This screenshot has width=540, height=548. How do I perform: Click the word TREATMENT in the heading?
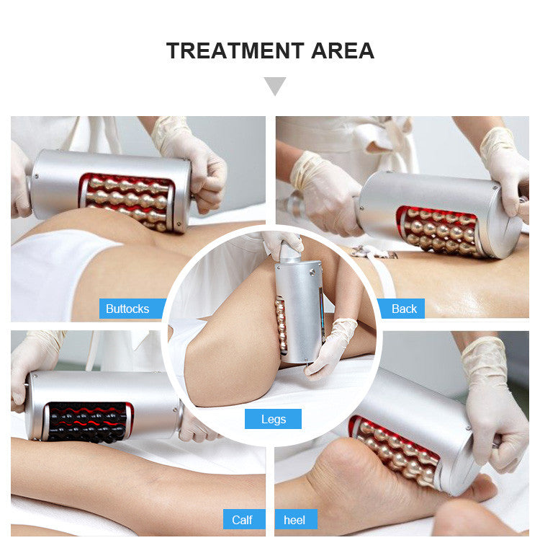235,50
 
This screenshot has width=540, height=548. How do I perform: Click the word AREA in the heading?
343,50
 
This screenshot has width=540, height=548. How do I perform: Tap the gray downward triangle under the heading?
275,86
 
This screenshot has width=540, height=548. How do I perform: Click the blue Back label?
402,309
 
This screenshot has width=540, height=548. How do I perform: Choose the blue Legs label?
273,419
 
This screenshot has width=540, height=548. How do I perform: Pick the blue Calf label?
244,519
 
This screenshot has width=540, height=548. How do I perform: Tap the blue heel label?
296,519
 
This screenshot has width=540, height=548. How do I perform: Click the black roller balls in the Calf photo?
87,422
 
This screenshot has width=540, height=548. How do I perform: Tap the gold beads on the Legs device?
282,326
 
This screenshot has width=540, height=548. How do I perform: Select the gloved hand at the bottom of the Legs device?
330,349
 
